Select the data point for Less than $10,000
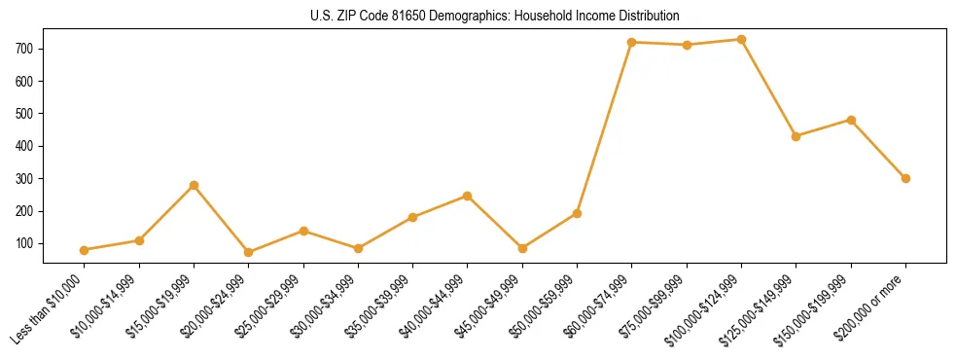(x=85, y=250)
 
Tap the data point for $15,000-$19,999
(x=195, y=185)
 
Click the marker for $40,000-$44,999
(x=468, y=196)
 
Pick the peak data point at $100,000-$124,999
(x=742, y=40)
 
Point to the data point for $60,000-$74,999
(x=632, y=42)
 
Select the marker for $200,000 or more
(x=905, y=178)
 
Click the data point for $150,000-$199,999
(x=851, y=120)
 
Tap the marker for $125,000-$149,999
(x=797, y=136)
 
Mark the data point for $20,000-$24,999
(x=249, y=252)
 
